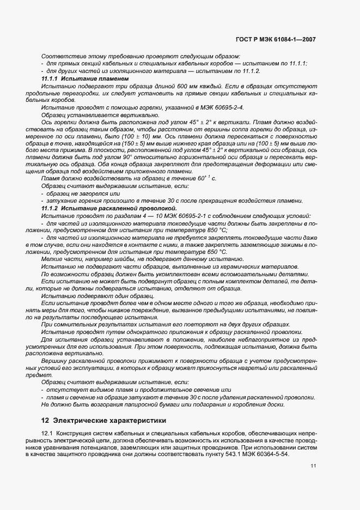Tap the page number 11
[x=313, y=466]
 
